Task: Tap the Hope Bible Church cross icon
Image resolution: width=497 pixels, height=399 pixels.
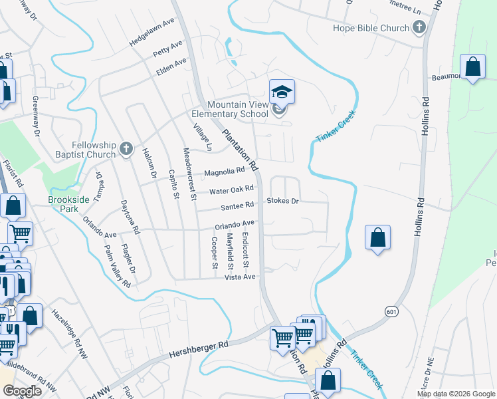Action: (419, 28)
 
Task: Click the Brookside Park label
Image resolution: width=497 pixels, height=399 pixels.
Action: (68, 203)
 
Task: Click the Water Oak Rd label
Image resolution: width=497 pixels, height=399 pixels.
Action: (232, 190)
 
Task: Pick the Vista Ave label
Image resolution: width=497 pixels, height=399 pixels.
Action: (240, 277)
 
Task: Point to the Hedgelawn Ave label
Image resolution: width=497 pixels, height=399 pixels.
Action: (151, 31)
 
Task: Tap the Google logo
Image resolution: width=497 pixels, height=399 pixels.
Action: (23, 391)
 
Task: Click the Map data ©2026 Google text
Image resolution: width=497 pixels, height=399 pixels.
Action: (455, 394)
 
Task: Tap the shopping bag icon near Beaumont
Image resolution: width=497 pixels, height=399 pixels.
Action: (472, 67)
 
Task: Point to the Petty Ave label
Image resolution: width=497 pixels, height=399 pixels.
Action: (167, 48)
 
